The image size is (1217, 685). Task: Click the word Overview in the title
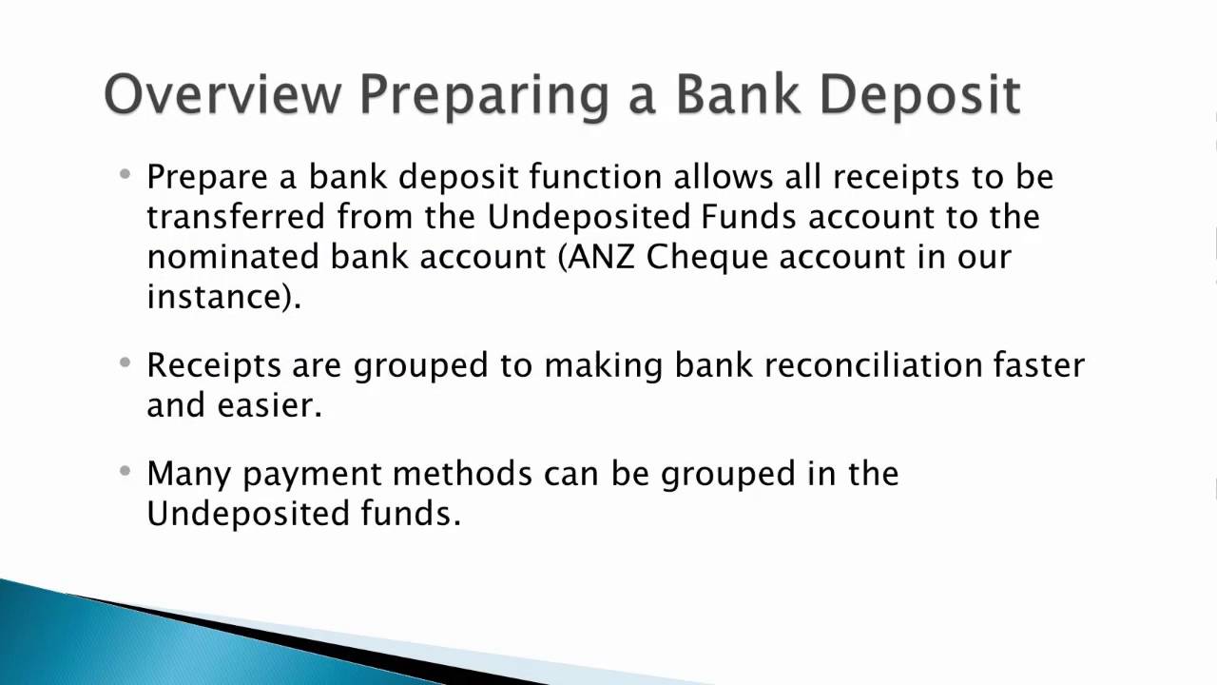[x=222, y=94]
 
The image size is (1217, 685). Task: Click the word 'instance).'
[x=223, y=297]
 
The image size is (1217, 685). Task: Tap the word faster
[x=1038, y=365]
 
